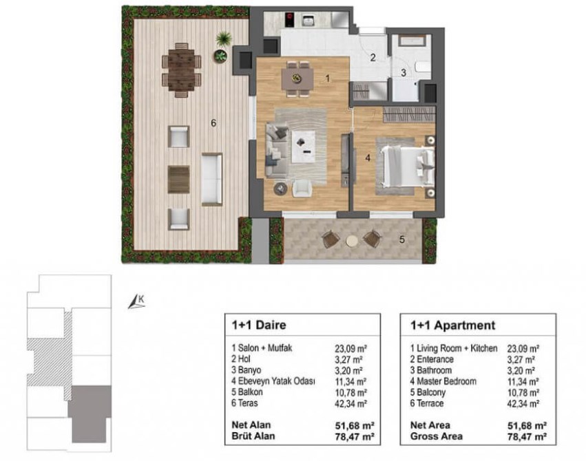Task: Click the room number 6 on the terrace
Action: click(213, 122)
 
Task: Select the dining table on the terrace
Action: click(181, 69)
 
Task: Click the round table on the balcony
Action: click(351, 241)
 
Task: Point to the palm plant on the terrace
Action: click(224, 38)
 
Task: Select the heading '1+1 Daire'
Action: click(259, 325)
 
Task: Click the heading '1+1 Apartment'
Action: click(452, 325)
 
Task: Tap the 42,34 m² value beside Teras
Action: click(350, 403)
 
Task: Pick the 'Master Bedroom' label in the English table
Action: click(446, 381)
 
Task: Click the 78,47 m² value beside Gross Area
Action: click(527, 436)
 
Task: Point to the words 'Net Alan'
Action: click(251, 425)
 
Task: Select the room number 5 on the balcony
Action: click(401, 239)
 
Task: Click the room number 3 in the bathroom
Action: click(404, 72)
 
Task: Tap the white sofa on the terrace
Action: click(212, 179)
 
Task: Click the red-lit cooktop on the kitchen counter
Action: click(289, 20)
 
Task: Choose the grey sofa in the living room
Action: click(276, 150)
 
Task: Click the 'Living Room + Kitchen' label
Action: click(457, 348)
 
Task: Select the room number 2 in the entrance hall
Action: click(373, 58)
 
